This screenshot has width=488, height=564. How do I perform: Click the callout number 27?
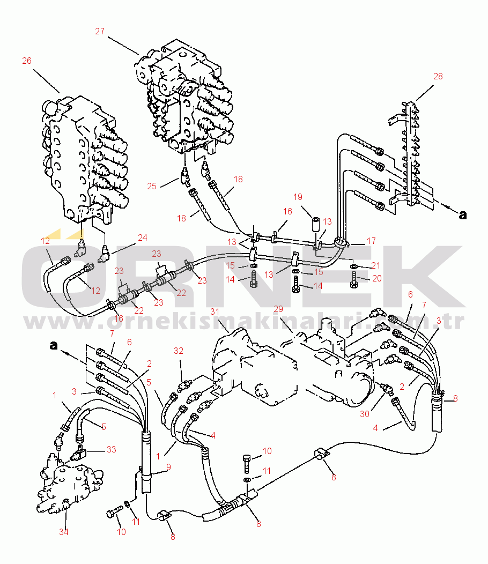pyautogui.click(x=100, y=31)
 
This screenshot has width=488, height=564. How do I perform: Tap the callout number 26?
pyautogui.click(x=27, y=61)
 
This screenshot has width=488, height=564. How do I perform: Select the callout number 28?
pyautogui.click(x=438, y=76)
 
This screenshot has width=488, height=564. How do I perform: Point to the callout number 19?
pyautogui.click(x=298, y=197)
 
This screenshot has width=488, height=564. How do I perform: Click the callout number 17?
pyautogui.click(x=371, y=240)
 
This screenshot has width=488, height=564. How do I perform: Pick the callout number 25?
pyautogui.click(x=152, y=186)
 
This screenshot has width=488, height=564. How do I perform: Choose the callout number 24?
pyautogui.click(x=143, y=238)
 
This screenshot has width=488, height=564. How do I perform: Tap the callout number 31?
pyautogui.click(x=215, y=311)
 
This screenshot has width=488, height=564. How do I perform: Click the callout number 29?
pyautogui.click(x=278, y=309)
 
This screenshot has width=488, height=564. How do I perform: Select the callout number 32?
pyautogui.click(x=179, y=351)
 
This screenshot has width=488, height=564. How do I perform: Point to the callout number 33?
pyautogui.click(x=112, y=449)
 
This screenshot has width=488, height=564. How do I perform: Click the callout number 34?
pyautogui.click(x=64, y=532)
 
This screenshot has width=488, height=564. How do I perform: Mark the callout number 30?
pyautogui.click(x=365, y=414)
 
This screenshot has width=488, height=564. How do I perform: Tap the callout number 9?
pyautogui.click(x=168, y=467)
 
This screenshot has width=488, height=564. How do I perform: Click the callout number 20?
pyautogui.click(x=377, y=278)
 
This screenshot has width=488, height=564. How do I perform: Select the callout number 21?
pyautogui.click(x=376, y=265)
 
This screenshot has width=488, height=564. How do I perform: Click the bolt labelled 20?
pyautogui.click(x=354, y=279)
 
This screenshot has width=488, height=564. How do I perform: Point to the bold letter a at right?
pyautogui.click(x=463, y=215)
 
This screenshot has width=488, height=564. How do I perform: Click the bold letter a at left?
pyautogui.click(x=54, y=345)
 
